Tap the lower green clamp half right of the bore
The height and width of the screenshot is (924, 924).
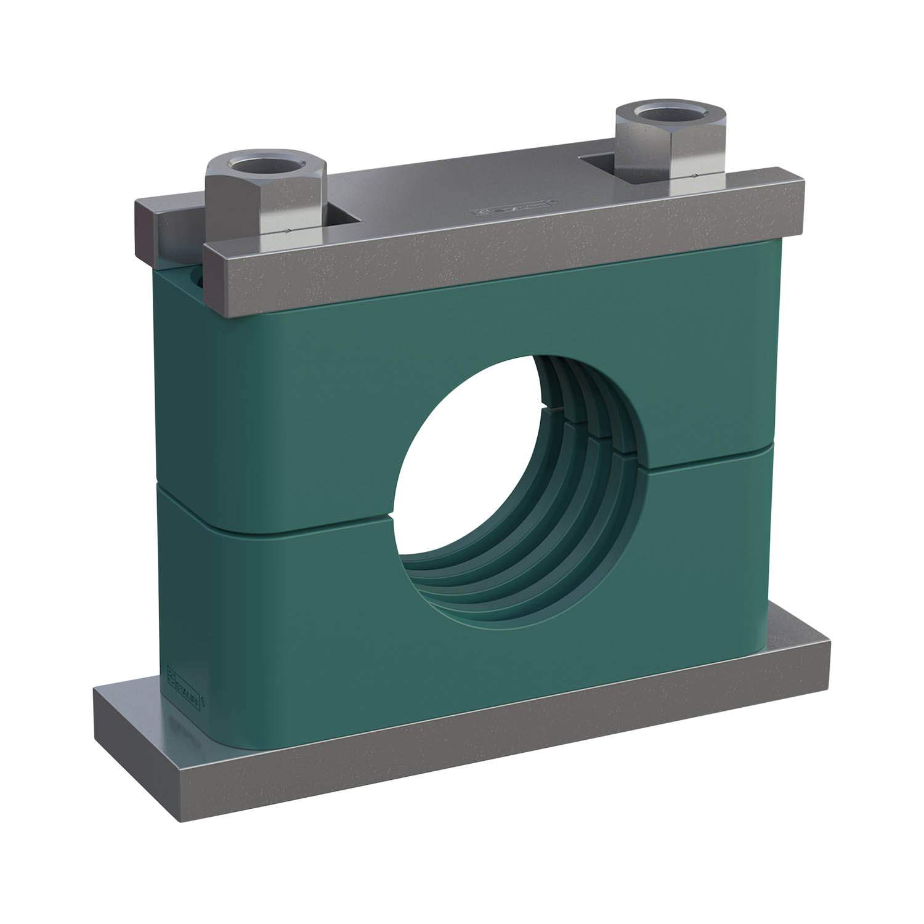coord(708,554)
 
